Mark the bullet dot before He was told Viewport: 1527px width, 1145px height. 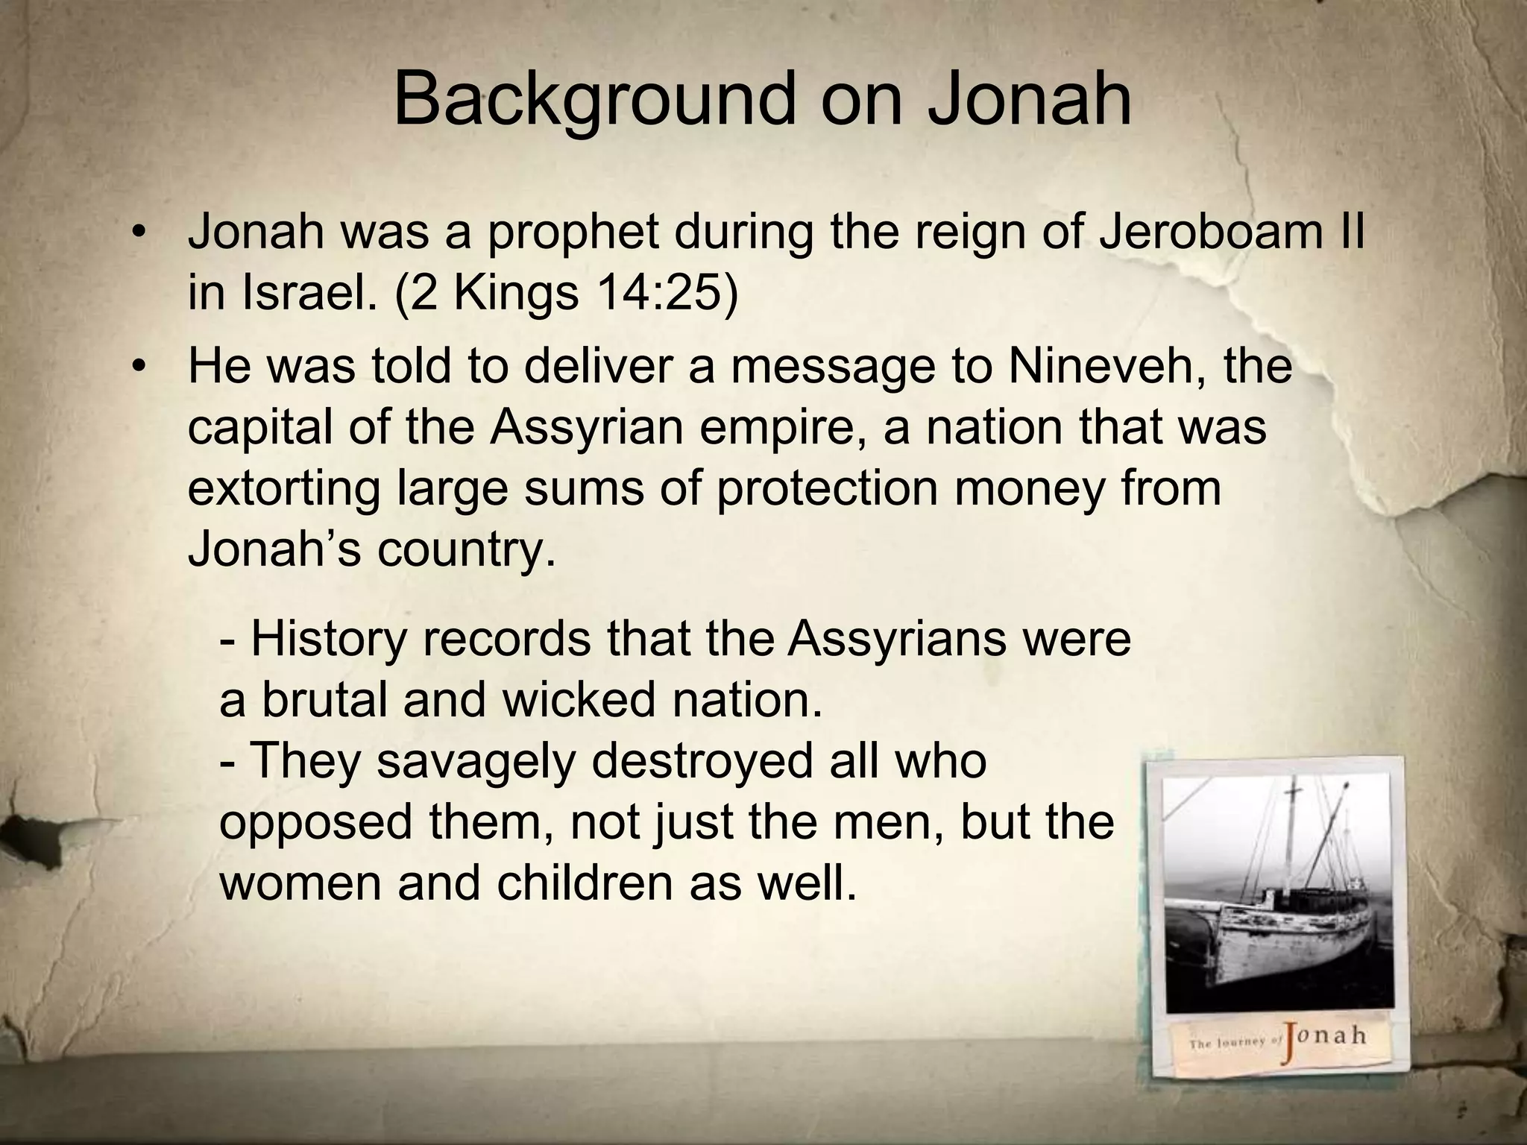click(136, 368)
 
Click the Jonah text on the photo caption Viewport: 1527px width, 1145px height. click(1323, 1036)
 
